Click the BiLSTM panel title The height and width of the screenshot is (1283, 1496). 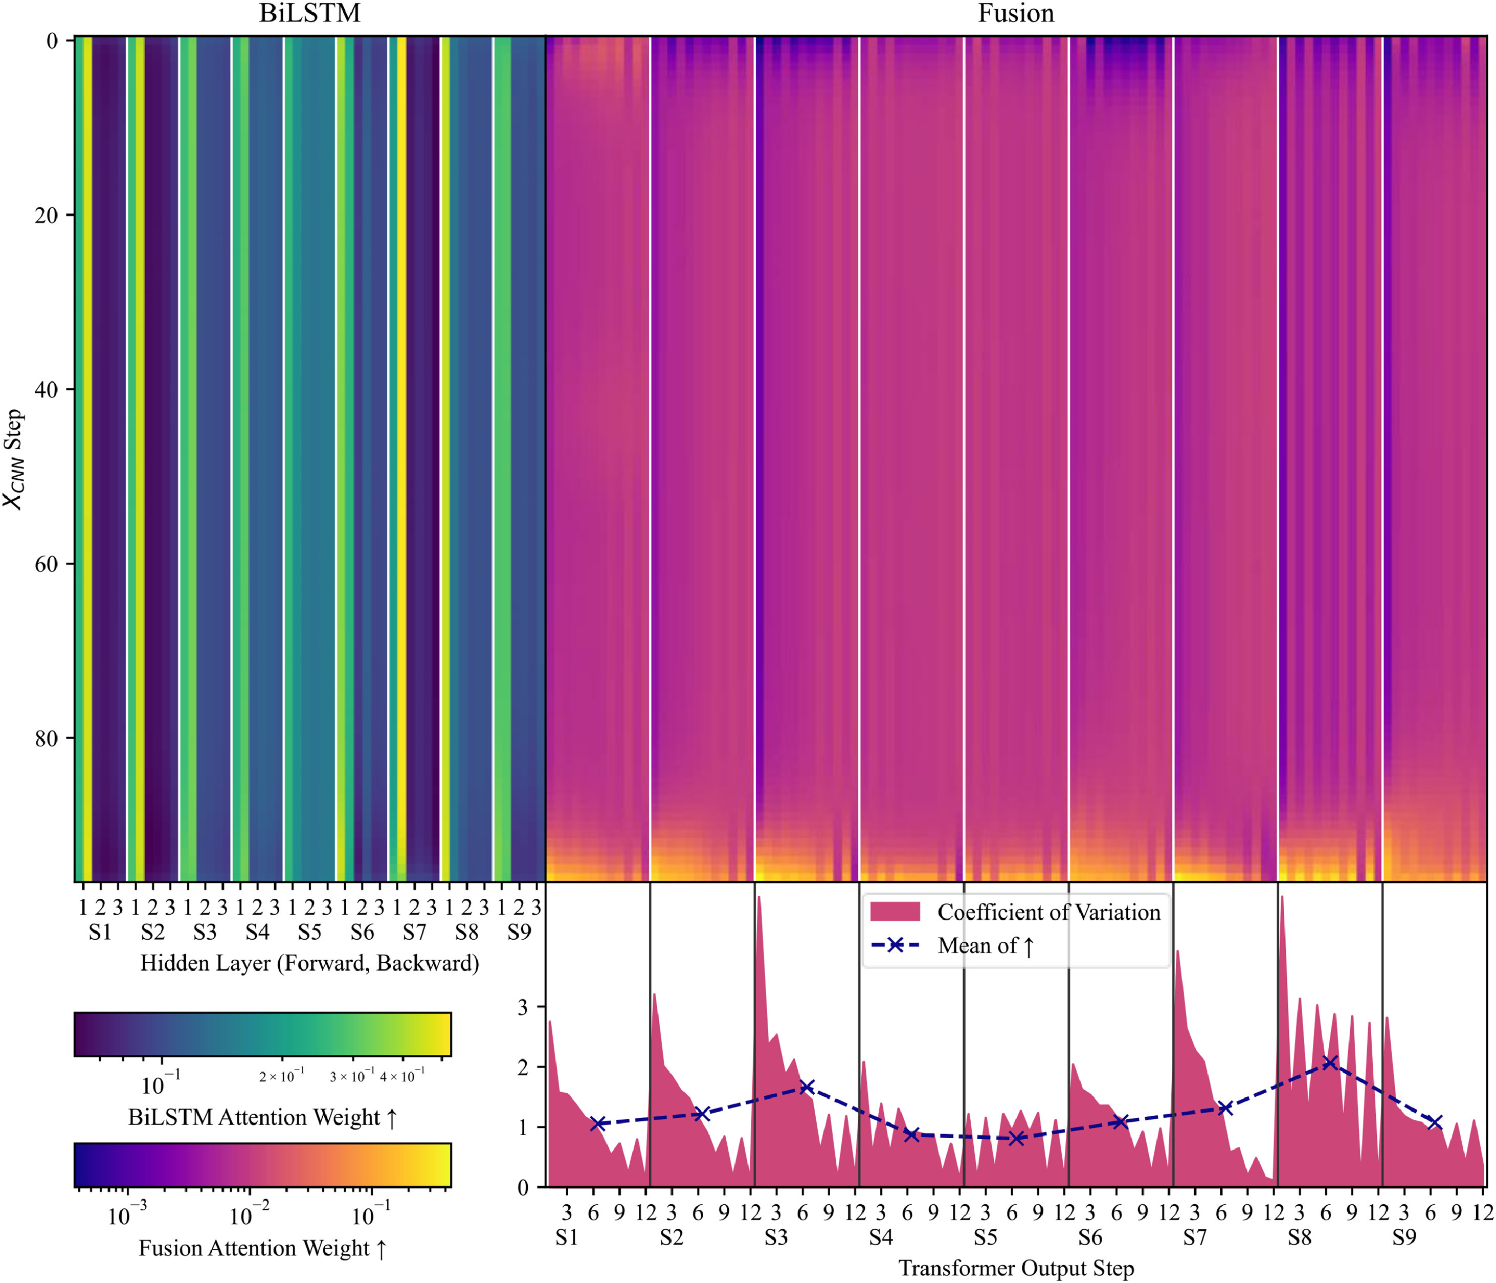pos(310,14)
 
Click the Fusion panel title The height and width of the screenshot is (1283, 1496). pos(1016,14)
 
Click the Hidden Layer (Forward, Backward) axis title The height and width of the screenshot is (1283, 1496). pos(310,963)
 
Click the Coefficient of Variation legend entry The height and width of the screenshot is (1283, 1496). pos(1048,913)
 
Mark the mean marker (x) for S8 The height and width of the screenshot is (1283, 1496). pos(1330,1063)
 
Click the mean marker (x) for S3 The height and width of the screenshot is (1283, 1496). pos(807,1088)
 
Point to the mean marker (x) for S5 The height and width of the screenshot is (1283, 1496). pos(1016,1139)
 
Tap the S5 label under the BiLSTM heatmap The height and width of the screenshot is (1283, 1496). pos(310,933)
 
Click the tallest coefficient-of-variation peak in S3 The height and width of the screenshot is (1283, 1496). pos(760,897)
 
